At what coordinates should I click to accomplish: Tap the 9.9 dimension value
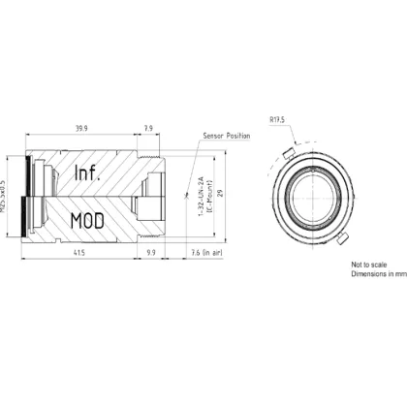151,252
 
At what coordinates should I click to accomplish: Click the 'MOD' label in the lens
86,219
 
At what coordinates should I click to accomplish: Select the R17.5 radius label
277,122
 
